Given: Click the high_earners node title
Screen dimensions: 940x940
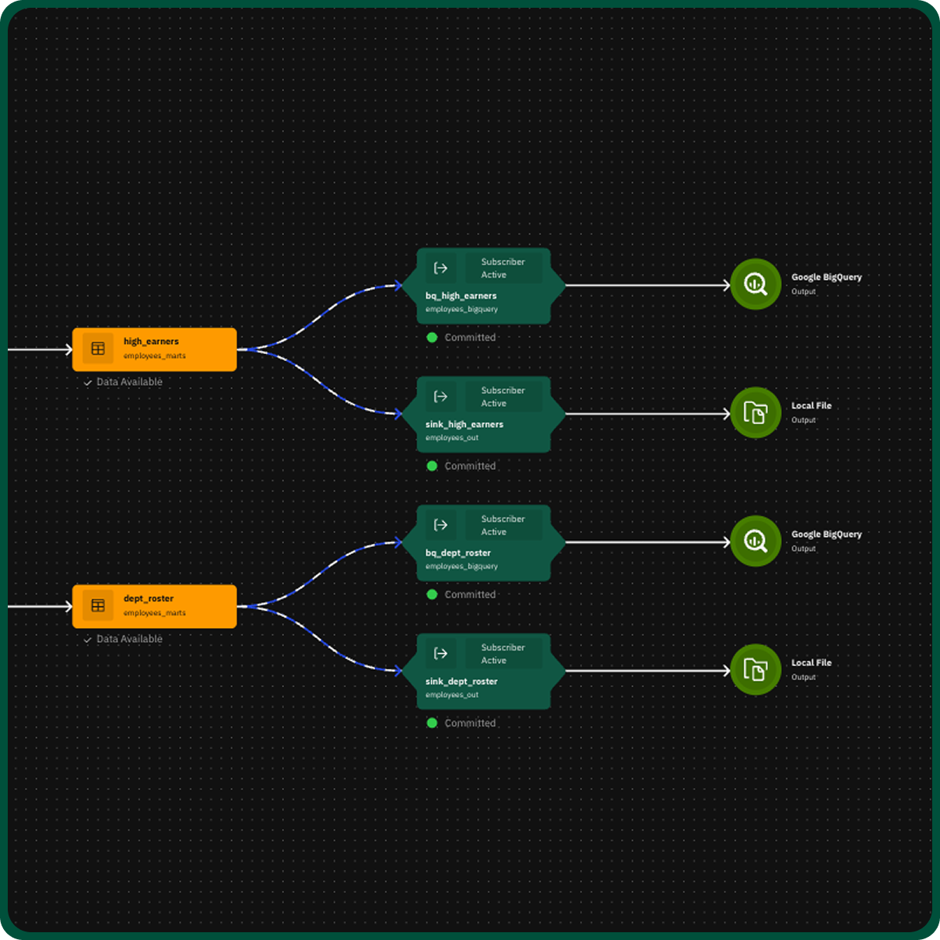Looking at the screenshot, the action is pos(151,342).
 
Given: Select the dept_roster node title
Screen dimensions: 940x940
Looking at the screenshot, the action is pos(149,598).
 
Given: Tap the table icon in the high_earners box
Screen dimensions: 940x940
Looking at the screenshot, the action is pos(98,349).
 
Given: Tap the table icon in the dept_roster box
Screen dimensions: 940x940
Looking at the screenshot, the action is pos(98,606).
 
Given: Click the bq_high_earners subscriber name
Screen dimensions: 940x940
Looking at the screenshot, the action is pos(461,296).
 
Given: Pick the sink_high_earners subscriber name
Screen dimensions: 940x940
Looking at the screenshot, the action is pos(465,424).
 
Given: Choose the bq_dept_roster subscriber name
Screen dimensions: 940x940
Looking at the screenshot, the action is pos(458,553).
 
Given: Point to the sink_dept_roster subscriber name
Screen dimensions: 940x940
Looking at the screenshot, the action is pos(461,682).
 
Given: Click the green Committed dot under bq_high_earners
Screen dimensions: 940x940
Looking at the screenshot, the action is pos(432,338).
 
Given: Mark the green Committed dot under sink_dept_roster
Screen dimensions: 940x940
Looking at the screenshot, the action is pos(432,723).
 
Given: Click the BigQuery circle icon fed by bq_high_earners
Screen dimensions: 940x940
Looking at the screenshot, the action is pos(756,284).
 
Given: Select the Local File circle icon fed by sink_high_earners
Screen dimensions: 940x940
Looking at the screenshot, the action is pos(756,412).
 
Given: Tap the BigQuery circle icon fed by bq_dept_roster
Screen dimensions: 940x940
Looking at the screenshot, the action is pos(756,541).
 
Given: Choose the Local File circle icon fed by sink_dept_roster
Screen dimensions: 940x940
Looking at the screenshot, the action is pos(756,670).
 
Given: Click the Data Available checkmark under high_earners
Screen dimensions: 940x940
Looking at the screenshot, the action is pos(88,383).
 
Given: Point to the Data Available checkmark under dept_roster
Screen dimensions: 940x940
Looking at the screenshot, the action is pos(88,640).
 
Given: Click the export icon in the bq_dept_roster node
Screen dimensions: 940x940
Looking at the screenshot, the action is pos(440,525).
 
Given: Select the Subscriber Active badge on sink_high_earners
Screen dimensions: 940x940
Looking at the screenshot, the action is pos(503,397).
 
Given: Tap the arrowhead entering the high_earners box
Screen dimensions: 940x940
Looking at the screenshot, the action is pos(68,349).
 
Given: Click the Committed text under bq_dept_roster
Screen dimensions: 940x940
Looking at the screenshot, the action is pos(470,595).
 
